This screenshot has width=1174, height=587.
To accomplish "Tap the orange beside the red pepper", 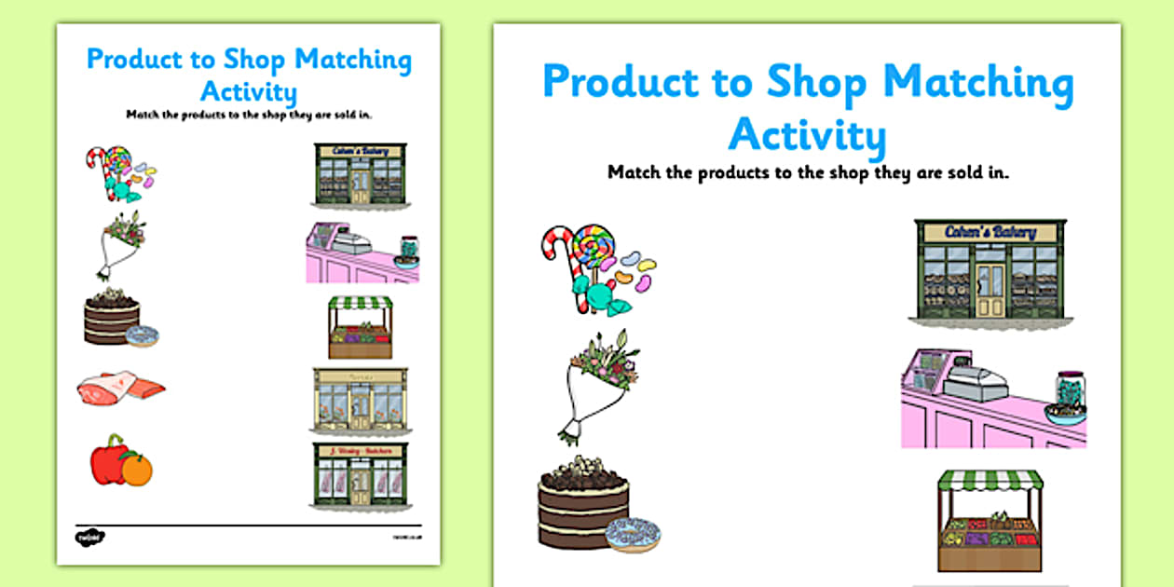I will [x=137, y=471].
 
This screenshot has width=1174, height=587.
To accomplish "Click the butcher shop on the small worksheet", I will [x=359, y=475].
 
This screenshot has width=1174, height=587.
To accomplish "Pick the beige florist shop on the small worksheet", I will [x=359, y=401].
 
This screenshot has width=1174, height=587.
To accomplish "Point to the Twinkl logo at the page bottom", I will [x=89, y=536].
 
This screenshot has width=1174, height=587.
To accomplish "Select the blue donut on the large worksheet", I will [x=633, y=534].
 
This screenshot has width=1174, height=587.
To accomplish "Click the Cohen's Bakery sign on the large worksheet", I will [x=989, y=232].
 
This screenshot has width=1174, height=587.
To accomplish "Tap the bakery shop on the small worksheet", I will [x=360, y=174].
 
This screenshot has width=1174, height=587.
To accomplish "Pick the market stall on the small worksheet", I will [x=361, y=327].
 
